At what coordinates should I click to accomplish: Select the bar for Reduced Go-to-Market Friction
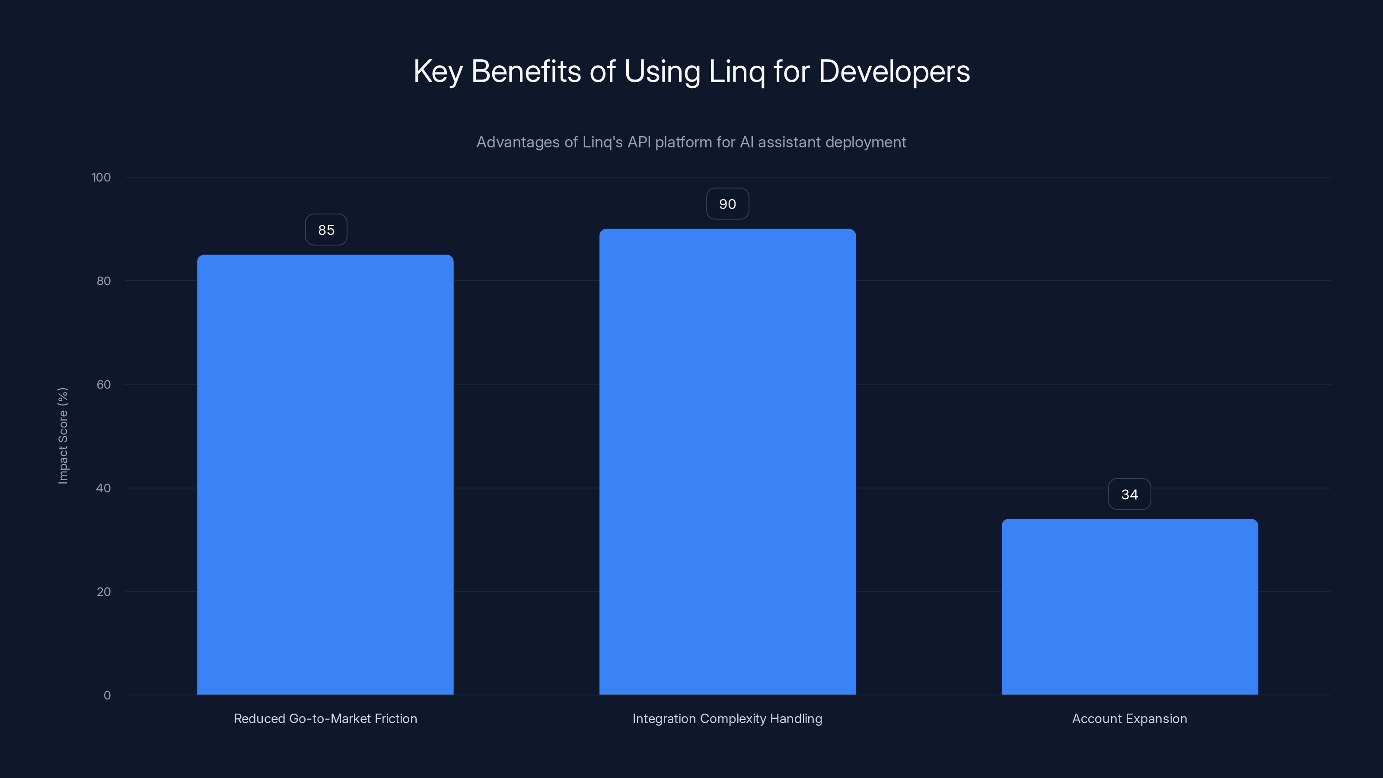(325, 475)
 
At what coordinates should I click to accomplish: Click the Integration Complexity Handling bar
(727, 462)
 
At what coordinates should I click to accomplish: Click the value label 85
(326, 230)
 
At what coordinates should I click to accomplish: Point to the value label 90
(727, 204)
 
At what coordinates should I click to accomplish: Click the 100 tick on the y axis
(101, 177)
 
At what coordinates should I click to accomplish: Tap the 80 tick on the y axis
(104, 281)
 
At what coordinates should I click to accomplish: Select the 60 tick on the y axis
(104, 384)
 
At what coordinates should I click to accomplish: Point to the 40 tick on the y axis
(104, 488)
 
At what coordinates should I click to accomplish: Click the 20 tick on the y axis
(104, 592)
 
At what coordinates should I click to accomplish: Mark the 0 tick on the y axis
(107, 695)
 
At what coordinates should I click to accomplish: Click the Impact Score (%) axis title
(63, 435)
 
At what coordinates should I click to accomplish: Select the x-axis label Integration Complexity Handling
(727, 718)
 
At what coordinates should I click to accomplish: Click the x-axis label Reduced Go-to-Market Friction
(325, 718)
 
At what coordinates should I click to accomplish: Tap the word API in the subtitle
(639, 142)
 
